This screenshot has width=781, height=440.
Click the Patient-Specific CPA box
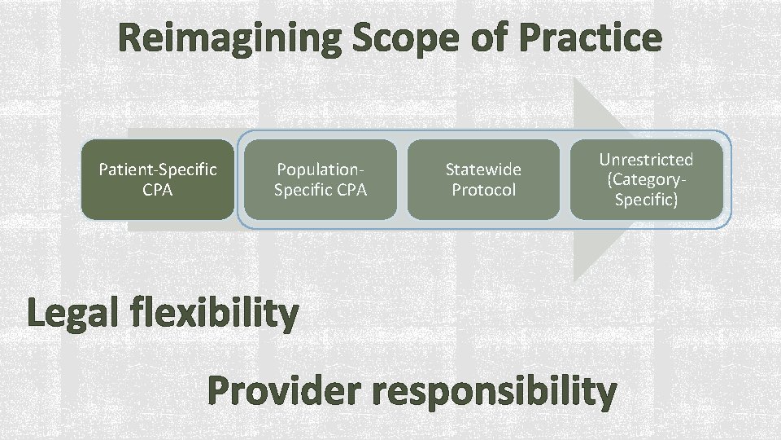coord(157,179)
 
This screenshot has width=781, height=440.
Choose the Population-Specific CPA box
coord(321,179)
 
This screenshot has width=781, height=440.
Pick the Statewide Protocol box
coord(483,179)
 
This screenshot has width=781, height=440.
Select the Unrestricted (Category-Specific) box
coord(646,179)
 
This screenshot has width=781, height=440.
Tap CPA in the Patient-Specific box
coord(157,190)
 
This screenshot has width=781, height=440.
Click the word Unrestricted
coord(646,159)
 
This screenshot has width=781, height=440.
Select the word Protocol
coord(483,190)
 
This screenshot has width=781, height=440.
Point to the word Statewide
coord(483,169)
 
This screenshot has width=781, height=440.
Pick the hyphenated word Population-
coord(321,169)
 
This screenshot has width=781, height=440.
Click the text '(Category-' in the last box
coord(646,179)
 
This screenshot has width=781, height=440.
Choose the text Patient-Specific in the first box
coord(157,169)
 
